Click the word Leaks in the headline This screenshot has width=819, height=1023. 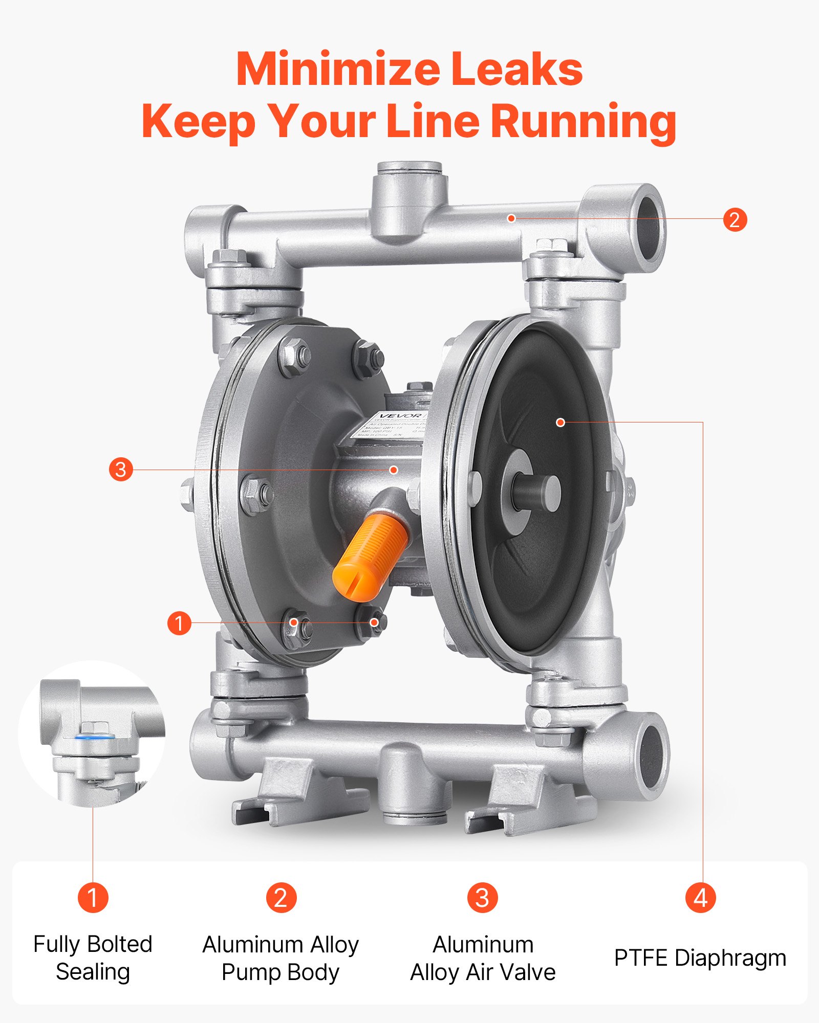(516, 69)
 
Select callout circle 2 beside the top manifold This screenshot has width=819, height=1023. (735, 219)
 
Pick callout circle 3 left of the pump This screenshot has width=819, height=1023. (121, 469)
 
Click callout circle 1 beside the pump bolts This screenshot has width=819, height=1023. (179, 623)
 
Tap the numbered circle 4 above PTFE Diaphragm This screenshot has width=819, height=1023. (700, 897)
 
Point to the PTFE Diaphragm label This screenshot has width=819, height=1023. (700, 958)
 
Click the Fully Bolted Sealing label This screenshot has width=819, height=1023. (93, 958)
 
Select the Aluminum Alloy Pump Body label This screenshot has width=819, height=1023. (281, 958)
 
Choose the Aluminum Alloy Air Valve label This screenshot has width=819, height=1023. (483, 958)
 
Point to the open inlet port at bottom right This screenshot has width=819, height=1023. (652, 756)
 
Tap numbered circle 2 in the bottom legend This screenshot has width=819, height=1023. (281, 897)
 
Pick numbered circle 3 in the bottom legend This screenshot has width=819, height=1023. (482, 897)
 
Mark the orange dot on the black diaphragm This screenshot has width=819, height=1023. (561, 422)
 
